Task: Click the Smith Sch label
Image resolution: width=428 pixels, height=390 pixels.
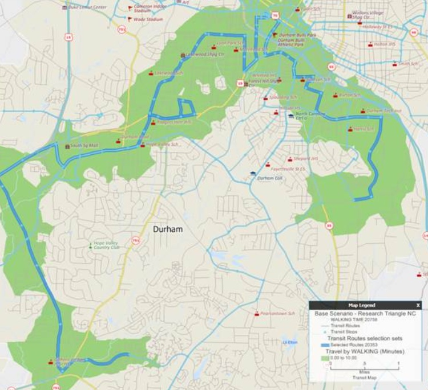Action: tap(408, 64)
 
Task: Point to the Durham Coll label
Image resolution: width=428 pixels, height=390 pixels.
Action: tap(270, 178)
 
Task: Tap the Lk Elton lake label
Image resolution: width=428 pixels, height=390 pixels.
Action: tap(290, 342)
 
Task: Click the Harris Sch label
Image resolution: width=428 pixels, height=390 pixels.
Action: tap(363, 129)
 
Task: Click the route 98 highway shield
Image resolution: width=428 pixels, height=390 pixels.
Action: tap(329, 225)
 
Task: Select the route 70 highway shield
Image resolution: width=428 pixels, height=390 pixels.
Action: tap(275, 15)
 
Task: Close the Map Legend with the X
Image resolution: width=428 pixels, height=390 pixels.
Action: tap(418, 305)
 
